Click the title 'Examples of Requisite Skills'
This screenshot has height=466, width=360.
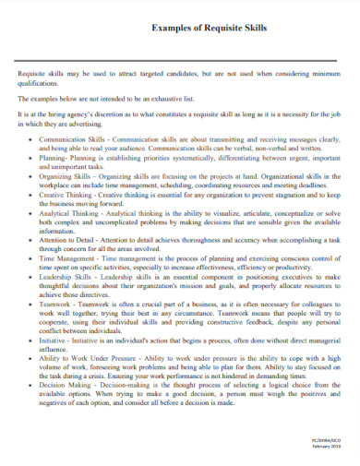point(209,29)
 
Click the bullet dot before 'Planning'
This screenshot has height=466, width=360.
point(31,157)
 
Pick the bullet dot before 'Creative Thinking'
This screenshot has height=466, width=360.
point(31,197)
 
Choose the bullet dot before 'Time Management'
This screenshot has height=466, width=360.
point(31,261)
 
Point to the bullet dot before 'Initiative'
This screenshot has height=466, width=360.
point(31,341)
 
